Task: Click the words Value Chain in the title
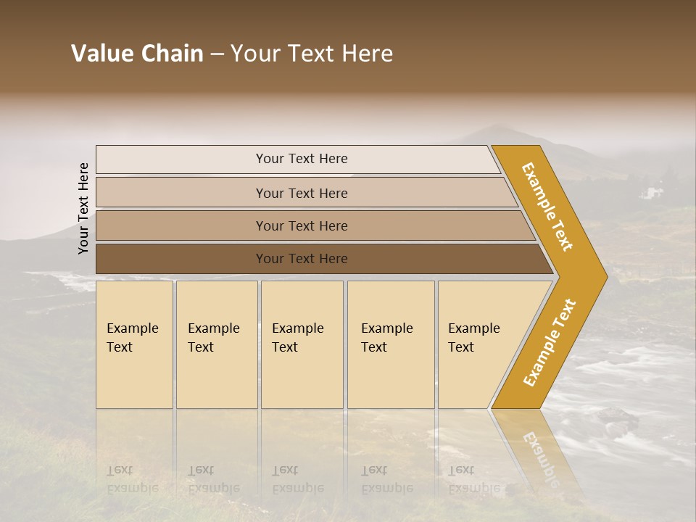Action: [x=137, y=54]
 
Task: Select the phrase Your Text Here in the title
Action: [x=312, y=54]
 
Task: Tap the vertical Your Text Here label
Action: [x=83, y=208]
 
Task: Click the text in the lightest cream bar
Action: [x=302, y=159]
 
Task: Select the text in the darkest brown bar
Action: [x=302, y=259]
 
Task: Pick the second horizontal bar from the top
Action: [x=302, y=193]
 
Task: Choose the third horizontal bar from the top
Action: [x=302, y=226]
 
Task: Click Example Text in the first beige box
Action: [x=132, y=338]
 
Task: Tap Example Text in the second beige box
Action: [x=213, y=338]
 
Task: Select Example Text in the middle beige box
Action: [x=297, y=338]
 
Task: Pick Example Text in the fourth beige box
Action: [x=386, y=338]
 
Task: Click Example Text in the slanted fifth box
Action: [x=473, y=338]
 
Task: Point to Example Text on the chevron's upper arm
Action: [x=547, y=207]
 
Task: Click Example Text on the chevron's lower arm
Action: [x=550, y=342]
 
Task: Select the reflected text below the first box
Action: [x=132, y=479]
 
